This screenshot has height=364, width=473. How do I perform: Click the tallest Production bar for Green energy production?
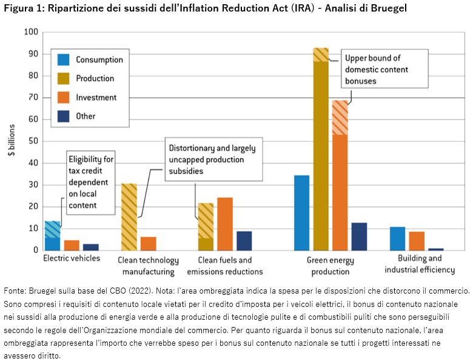tap(321, 152)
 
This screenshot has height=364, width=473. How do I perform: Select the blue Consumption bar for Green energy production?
tap(301, 213)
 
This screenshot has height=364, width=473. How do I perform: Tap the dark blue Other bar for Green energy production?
tap(359, 237)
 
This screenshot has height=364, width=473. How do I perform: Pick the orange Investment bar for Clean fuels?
tap(225, 224)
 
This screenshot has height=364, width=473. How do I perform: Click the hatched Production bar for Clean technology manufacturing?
tap(129, 217)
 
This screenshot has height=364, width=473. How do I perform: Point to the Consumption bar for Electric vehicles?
tap(53, 236)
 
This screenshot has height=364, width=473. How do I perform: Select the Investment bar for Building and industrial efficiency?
tap(417, 241)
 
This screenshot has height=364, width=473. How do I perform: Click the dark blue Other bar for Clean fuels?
tap(244, 241)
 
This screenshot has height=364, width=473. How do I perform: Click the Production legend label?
tap(95, 78)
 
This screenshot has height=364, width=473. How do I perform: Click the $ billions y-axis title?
tap(12, 141)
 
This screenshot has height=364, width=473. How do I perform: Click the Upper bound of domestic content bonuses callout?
tap(384, 70)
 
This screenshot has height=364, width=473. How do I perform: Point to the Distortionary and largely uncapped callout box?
tap(212, 160)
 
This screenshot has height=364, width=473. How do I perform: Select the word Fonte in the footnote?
tap(14, 291)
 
